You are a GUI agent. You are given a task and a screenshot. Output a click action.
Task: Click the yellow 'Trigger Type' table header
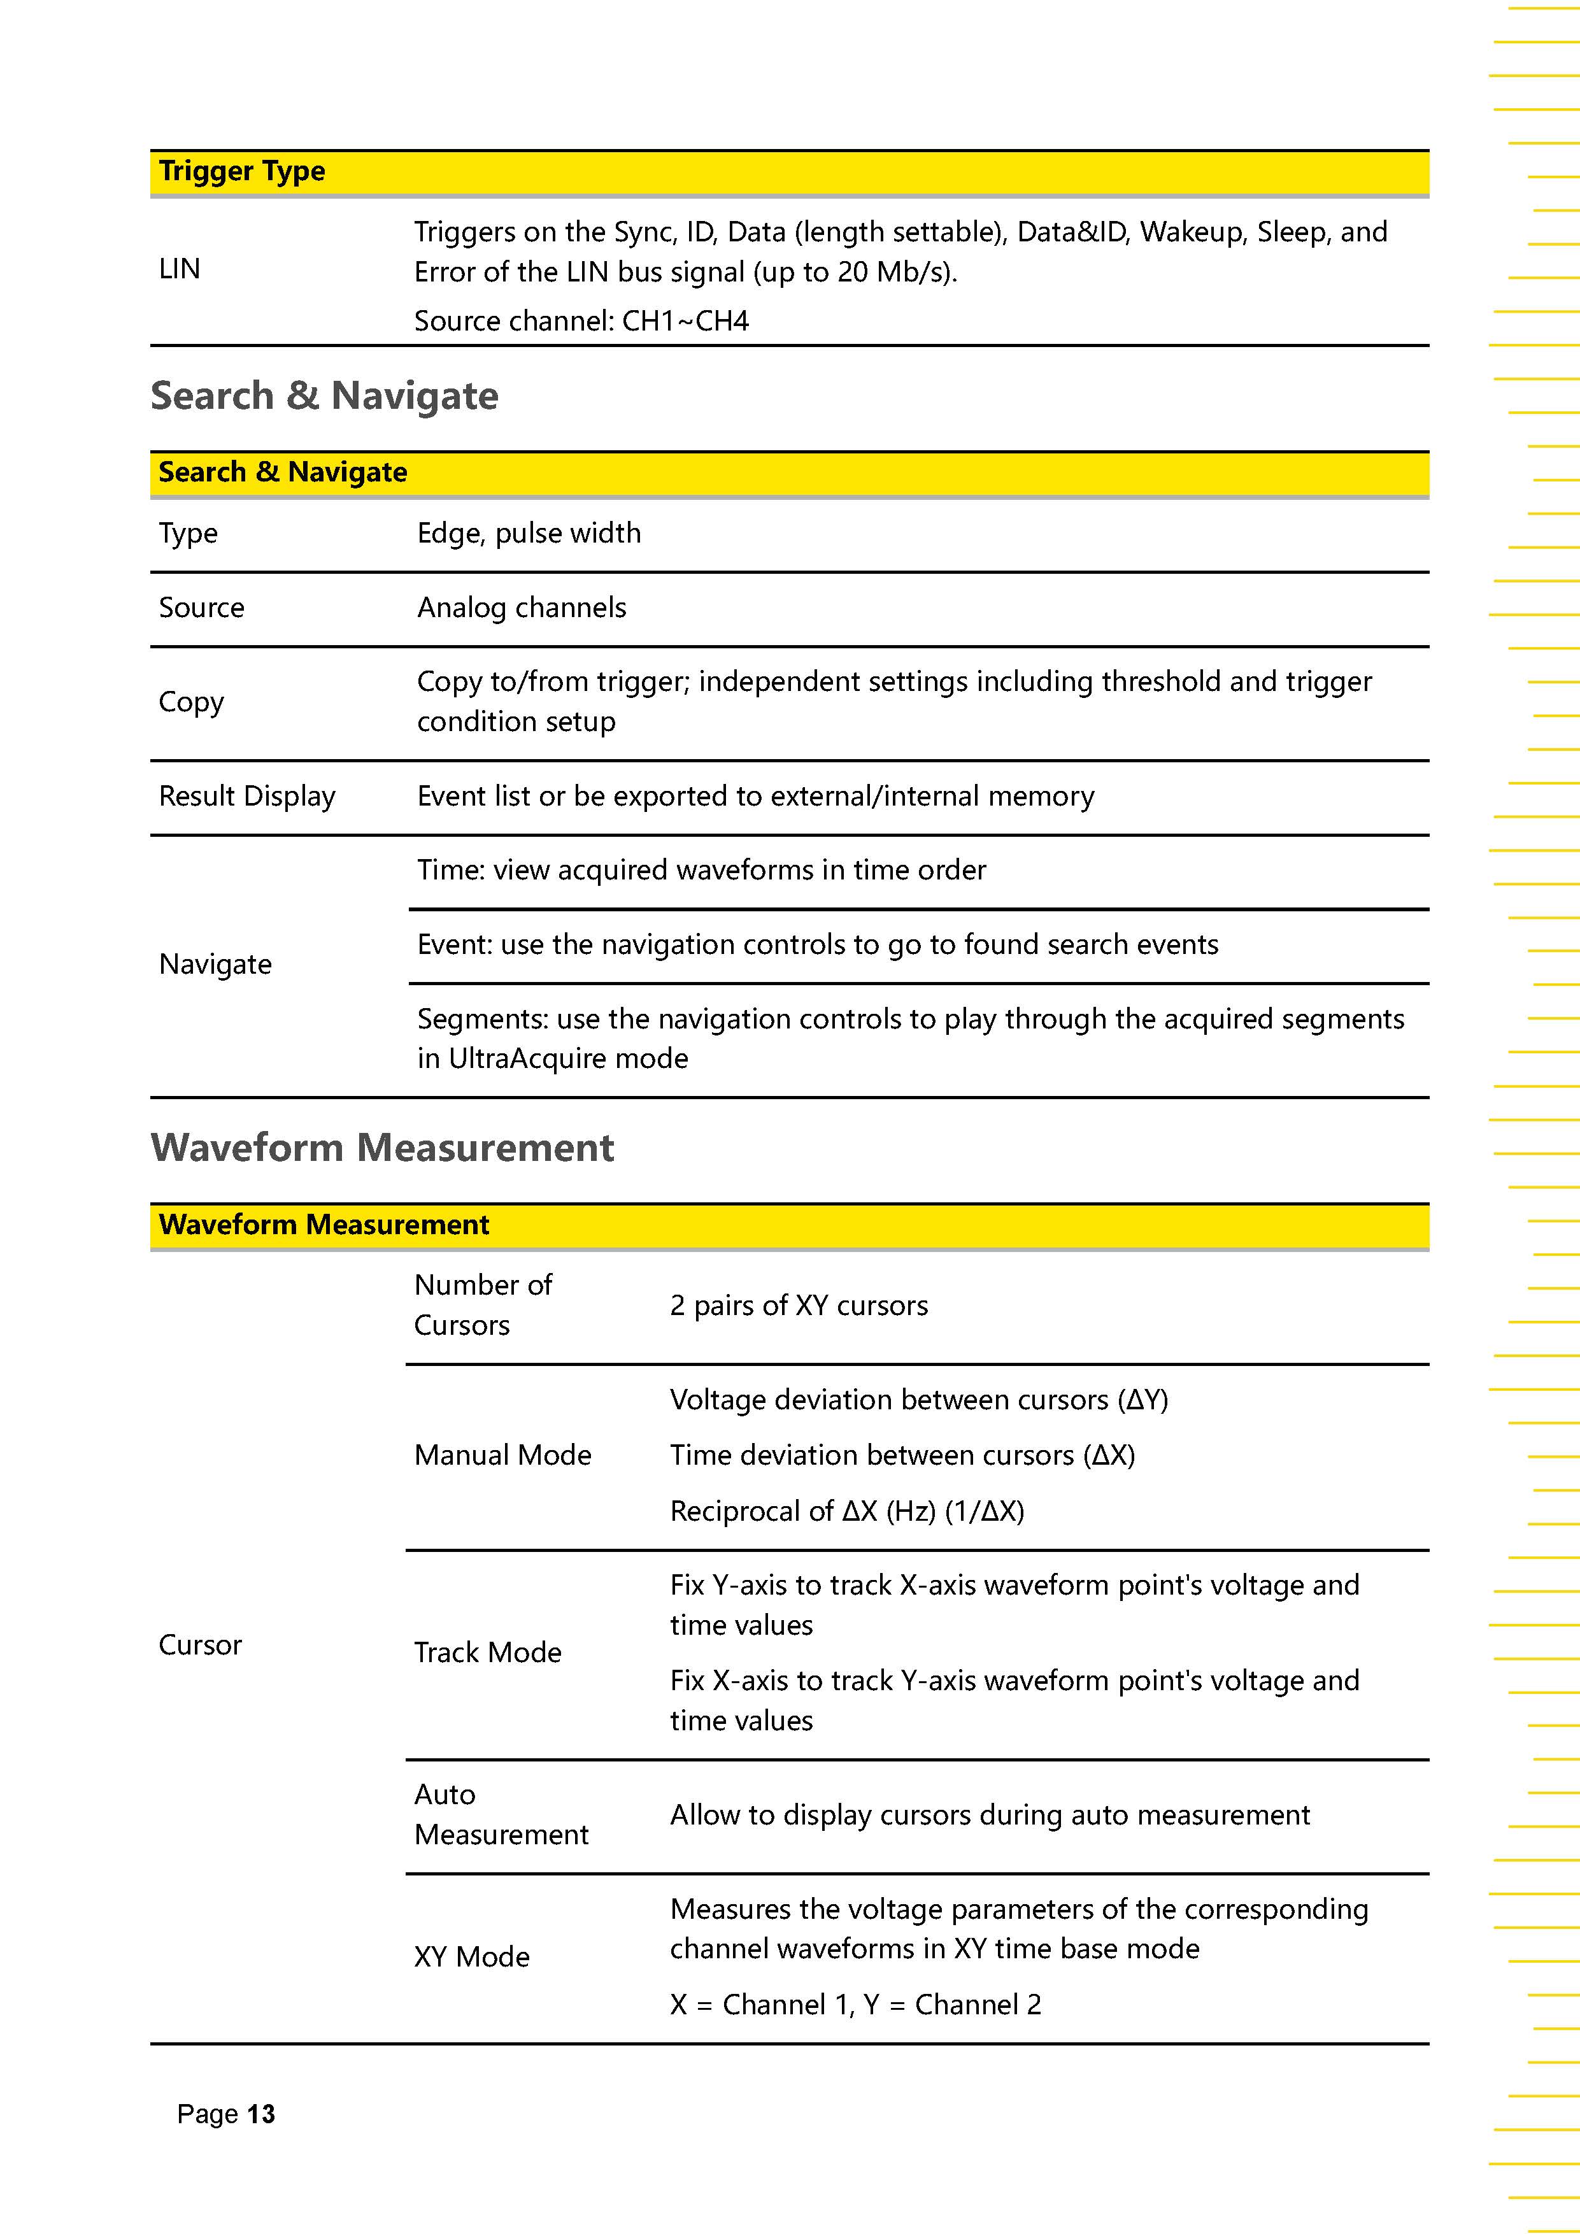242,172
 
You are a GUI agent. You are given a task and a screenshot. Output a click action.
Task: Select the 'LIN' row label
180,269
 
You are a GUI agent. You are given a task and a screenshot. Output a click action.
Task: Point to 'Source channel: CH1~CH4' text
581,321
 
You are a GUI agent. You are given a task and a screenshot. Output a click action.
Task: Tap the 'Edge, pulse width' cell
529,533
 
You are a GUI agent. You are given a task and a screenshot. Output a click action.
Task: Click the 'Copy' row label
192,702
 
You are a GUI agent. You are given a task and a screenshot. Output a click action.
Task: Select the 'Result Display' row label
247,796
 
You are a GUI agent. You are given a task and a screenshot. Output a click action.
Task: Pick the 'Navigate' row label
215,964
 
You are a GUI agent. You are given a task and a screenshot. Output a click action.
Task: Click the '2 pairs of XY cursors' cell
799,1306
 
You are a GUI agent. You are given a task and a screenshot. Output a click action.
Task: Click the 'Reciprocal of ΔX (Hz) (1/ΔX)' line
846,1511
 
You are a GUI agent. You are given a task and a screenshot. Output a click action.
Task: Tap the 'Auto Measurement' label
501,1814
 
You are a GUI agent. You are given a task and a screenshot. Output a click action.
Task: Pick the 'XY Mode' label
472,1957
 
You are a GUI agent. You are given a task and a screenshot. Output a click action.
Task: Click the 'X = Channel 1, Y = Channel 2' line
855,2004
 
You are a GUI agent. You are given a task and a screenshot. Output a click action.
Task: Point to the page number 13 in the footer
260,2114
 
